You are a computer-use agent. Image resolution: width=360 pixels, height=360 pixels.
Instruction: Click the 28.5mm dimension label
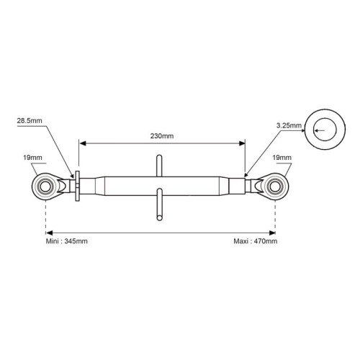(x=30, y=120)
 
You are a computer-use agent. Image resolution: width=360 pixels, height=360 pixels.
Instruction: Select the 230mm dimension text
(x=162, y=136)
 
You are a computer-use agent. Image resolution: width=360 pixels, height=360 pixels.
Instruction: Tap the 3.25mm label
(x=289, y=125)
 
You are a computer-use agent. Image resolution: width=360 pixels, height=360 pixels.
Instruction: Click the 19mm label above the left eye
(x=32, y=158)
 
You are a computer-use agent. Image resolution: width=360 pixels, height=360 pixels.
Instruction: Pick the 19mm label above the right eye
(x=282, y=158)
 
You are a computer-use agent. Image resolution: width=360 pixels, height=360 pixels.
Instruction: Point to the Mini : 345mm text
(x=67, y=241)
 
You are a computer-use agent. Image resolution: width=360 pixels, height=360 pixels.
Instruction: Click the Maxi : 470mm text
(x=256, y=241)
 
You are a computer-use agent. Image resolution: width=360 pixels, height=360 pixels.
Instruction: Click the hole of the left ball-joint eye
(x=45, y=186)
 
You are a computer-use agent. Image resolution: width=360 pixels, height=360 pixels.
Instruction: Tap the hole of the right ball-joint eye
(x=275, y=186)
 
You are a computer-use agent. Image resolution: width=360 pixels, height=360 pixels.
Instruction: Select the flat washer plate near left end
(x=78, y=186)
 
